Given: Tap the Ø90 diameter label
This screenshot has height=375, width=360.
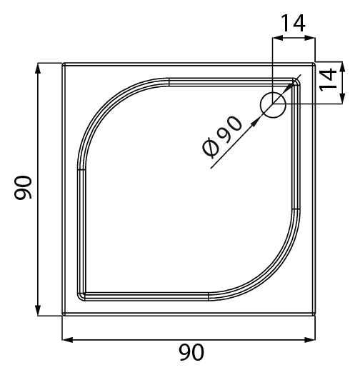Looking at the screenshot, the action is (x=222, y=137).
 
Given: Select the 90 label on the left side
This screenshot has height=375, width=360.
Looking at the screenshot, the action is (x=23, y=187).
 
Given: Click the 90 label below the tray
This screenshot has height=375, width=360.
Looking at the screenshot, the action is (x=191, y=352).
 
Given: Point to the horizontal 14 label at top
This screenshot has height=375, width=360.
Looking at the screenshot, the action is (x=294, y=23).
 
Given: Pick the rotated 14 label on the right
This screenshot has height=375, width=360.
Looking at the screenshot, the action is (x=328, y=80).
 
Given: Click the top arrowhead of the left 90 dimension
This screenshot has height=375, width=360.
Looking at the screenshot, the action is (x=38, y=69).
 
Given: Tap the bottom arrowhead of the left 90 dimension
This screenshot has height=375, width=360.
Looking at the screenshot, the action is (x=38, y=310).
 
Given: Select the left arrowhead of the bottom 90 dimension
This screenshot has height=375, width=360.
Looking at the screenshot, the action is (x=67, y=339).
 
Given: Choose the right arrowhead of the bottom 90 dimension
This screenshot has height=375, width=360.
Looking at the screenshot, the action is (x=310, y=339).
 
